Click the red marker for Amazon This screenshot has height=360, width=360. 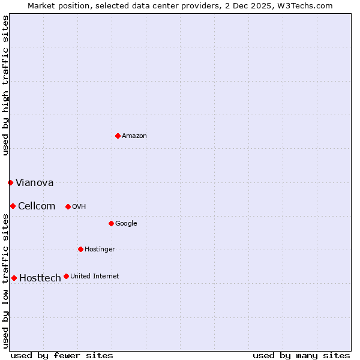(x=118, y=136)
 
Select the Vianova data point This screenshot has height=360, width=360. (x=10, y=182)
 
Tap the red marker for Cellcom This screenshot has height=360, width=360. (x=13, y=206)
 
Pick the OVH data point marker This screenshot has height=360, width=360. (x=68, y=206)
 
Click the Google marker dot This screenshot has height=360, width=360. (x=111, y=223)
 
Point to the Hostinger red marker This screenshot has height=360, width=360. (x=80, y=249)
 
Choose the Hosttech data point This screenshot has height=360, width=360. (x=14, y=278)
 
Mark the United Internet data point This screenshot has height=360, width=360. (x=66, y=276)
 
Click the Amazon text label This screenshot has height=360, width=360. (x=134, y=136)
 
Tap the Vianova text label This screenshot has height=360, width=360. (x=34, y=182)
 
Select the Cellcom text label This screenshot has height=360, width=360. (x=37, y=206)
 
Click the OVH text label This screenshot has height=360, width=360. (x=79, y=207)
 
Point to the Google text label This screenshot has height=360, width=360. (x=126, y=224)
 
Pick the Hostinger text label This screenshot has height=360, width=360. (x=100, y=250)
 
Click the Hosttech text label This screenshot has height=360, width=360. (x=40, y=278)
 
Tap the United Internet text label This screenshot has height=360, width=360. (x=94, y=277)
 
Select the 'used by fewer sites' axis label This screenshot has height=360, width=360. (x=62, y=355)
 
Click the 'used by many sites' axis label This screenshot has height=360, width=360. (x=301, y=355)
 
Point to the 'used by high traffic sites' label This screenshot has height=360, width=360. (x=5, y=85)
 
